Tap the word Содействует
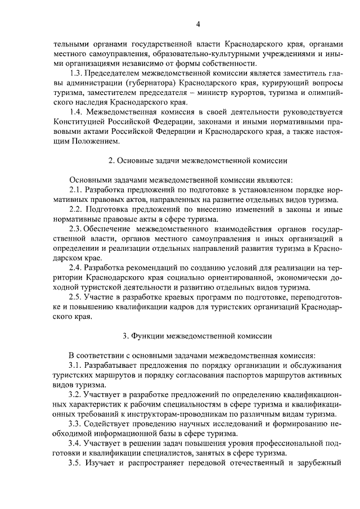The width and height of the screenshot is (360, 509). (x=109, y=422)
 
